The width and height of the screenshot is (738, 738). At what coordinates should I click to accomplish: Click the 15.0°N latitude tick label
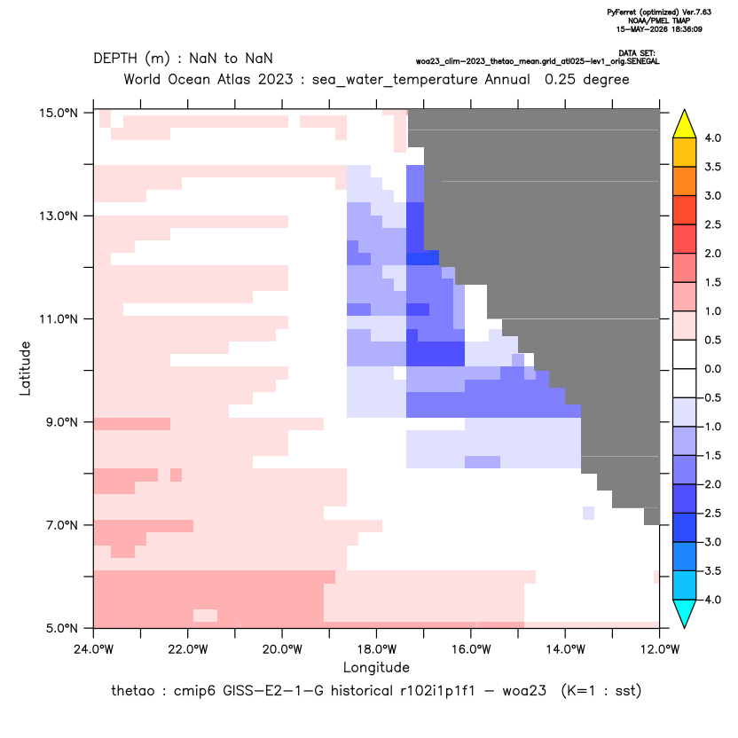(59, 113)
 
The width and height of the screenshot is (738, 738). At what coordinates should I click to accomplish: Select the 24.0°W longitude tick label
(94, 649)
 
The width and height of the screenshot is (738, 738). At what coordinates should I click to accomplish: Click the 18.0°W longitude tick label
(376, 649)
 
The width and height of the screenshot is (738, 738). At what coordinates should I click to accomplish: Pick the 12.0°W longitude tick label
(659, 649)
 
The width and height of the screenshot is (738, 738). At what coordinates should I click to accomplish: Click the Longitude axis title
(376, 667)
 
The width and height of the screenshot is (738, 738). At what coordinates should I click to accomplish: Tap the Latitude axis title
(25, 368)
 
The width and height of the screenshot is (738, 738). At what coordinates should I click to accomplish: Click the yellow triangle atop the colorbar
(685, 124)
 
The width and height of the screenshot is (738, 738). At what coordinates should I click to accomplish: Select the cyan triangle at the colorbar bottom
(685, 614)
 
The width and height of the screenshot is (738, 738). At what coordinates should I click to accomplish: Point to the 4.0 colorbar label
(712, 137)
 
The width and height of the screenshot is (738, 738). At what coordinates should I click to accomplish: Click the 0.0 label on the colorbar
(712, 369)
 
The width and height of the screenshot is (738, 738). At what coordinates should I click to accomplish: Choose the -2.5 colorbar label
(711, 513)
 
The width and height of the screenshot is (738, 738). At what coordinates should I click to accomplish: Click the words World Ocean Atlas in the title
(185, 80)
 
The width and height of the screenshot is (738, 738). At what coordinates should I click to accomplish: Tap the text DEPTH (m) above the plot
(131, 59)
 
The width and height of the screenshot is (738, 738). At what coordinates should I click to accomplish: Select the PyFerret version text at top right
(659, 12)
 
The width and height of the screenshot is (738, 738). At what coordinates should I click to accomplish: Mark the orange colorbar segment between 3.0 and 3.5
(685, 181)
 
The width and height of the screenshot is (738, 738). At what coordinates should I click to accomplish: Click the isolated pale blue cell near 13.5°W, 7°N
(588, 513)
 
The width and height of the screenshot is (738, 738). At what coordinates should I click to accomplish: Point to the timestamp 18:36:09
(686, 29)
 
